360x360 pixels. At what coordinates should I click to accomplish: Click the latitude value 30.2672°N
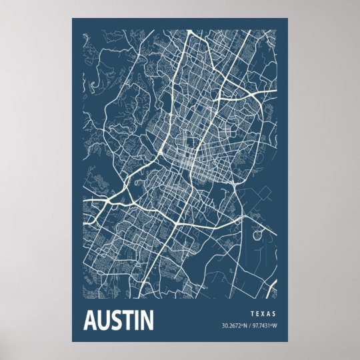tap(235, 326)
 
